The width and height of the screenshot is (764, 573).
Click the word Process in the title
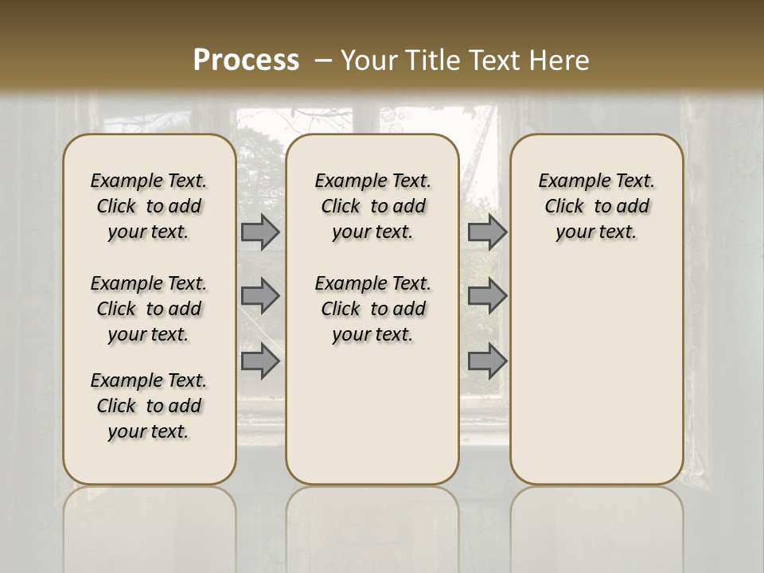pos(246,60)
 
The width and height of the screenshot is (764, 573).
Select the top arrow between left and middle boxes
pos(260,232)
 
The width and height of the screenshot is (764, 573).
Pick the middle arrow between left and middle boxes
pos(260,297)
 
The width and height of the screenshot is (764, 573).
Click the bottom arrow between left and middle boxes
pos(260,361)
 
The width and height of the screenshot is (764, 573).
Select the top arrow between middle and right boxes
pos(487,232)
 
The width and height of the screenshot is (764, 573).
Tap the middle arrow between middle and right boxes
pos(487,297)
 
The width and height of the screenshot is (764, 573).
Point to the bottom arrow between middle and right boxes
pos(487,361)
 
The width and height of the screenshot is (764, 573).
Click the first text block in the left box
pos(149,206)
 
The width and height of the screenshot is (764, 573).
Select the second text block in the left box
pos(149,309)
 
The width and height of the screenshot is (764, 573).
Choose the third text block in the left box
pos(149,406)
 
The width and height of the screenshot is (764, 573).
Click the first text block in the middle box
pos(372,206)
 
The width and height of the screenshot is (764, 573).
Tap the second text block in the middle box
pos(372,309)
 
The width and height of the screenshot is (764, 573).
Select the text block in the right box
pos(596,206)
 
